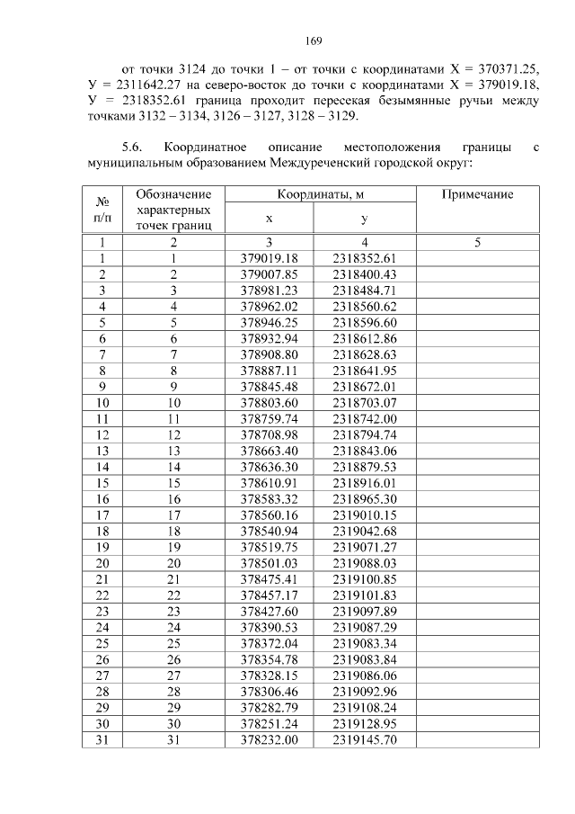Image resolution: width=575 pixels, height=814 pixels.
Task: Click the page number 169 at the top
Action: [x=287, y=40]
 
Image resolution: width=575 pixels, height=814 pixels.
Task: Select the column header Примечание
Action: [x=477, y=194]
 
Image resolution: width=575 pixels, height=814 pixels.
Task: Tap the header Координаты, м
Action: [x=322, y=194]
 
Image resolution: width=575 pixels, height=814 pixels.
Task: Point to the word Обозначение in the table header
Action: [x=173, y=194]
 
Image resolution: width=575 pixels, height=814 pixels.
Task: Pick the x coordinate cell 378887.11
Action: [x=269, y=370]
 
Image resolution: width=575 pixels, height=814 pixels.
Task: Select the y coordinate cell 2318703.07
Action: [x=364, y=402]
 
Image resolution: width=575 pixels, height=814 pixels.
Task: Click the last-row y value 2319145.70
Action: [x=364, y=740]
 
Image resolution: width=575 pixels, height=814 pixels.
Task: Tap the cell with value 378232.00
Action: [x=269, y=740]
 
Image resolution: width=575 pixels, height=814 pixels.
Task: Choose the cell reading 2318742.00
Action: [x=364, y=418]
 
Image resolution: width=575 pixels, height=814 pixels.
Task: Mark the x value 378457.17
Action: [x=269, y=595]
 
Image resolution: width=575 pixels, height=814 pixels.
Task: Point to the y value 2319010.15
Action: [x=364, y=514]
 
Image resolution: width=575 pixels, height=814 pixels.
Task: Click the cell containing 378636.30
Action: [x=269, y=467]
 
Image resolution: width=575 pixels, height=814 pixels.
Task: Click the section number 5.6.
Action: [x=132, y=146]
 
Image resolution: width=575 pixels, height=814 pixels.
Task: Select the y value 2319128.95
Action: [x=364, y=724]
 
